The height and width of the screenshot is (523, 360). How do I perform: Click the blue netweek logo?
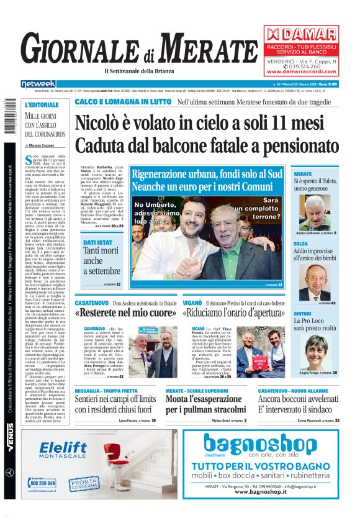click(38, 83)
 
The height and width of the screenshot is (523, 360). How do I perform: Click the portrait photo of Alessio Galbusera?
click(315, 212)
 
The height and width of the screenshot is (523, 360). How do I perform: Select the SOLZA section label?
click(300, 244)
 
